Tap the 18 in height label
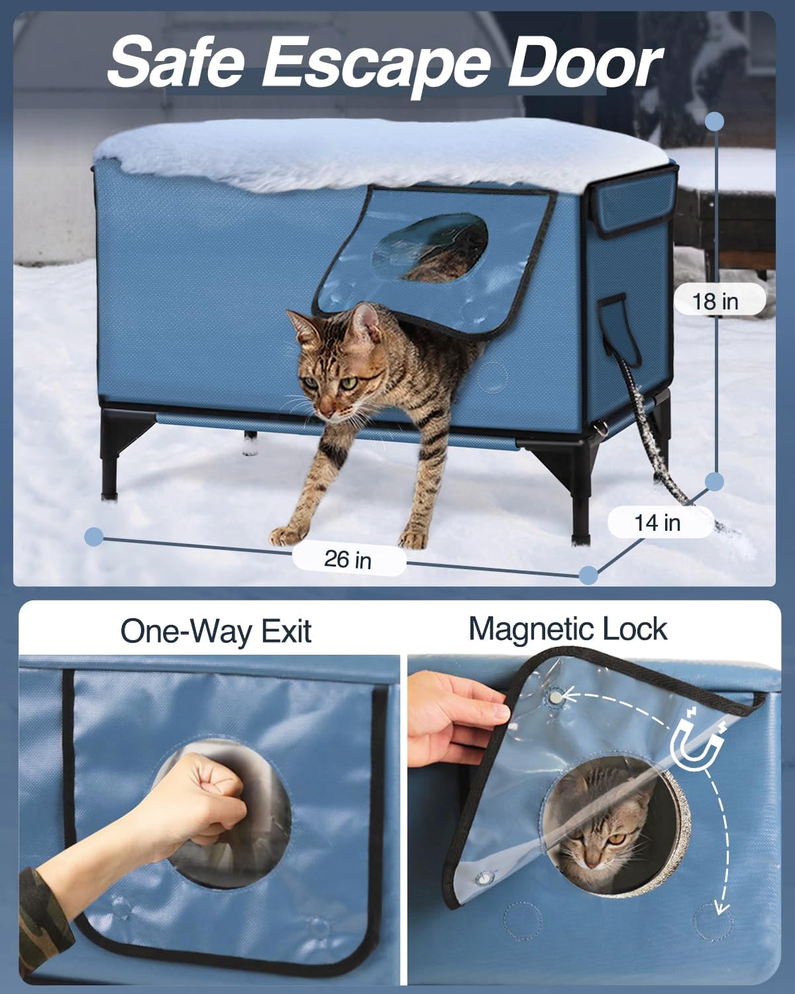point(715,302)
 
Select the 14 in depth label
point(657,522)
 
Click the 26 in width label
point(348,560)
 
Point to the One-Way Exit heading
point(215,631)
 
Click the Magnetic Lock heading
point(568,628)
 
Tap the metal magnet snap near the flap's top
point(556,696)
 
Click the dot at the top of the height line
point(714,121)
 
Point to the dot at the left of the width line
point(94,536)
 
